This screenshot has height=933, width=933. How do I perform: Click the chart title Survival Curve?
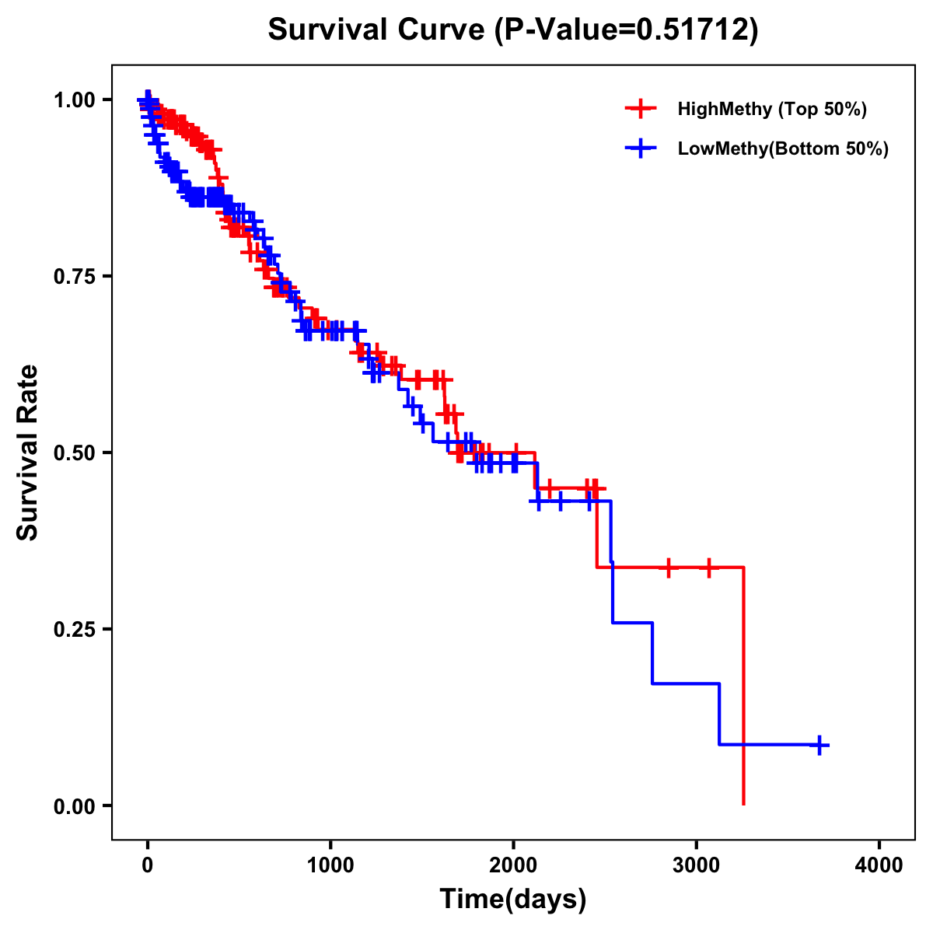point(377,30)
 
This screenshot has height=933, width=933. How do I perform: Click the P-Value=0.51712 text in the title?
point(627,30)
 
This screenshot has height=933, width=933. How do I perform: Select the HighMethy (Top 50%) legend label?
point(771,109)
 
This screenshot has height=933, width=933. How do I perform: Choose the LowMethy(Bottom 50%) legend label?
point(783,149)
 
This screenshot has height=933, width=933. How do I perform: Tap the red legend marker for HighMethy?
point(640,109)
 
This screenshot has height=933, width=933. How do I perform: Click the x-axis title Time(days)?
point(513,900)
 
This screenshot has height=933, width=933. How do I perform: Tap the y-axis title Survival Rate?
point(28,452)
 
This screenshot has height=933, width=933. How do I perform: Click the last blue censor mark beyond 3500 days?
point(819,745)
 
